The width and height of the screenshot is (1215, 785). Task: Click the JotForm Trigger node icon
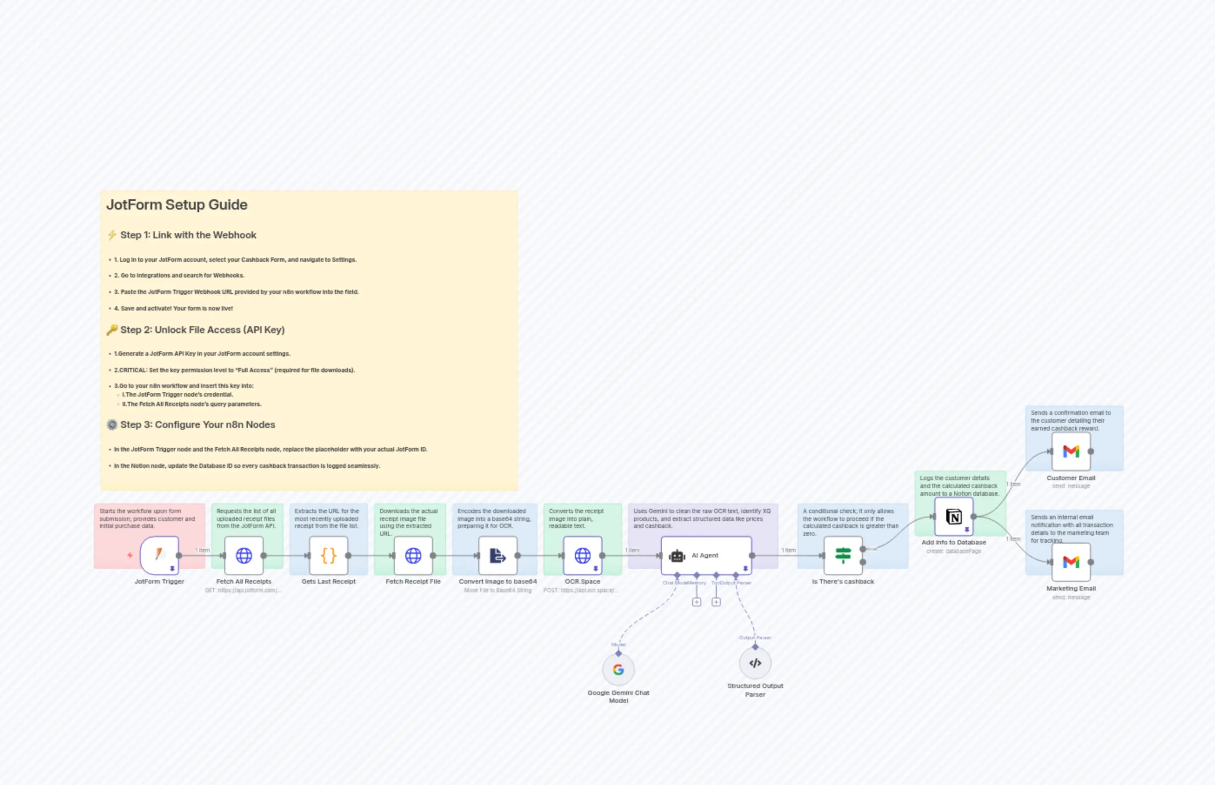[x=160, y=555]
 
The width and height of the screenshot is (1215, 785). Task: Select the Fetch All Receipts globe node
[x=244, y=555]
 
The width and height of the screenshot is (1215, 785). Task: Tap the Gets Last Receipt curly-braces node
[x=328, y=555]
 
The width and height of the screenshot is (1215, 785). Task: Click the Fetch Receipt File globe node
[x=413, y=555]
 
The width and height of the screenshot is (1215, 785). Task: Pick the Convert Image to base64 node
[x=497, y=555]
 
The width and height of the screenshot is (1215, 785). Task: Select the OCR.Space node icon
[x=582, y=555]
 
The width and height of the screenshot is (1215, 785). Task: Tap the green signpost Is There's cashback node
[x=843, y=555]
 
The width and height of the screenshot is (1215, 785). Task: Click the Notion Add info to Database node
[x=954, y=517]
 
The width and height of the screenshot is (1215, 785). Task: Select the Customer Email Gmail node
[x=1071, y=451]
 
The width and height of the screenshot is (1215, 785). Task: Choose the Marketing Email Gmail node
[x=1071, y=562]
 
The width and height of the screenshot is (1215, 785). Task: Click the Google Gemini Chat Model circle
[x=618, y=670]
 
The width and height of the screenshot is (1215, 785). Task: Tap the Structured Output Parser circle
[x=755, y=663]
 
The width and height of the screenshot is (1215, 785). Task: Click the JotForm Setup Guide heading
[x=177, y=205]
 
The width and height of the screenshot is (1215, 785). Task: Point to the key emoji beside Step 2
[x=112, y=330]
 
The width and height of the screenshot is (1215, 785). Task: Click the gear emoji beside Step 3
[x=112, y=424]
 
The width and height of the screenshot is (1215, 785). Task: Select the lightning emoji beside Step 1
[x=112, y=235]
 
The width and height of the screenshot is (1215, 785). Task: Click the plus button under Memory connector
[x=696, y=602]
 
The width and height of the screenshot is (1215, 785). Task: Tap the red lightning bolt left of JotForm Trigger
[x=130, y=555]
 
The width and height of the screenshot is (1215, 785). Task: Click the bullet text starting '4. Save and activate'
[x=173, y=308]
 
